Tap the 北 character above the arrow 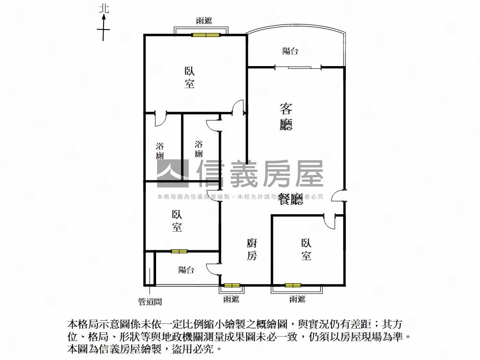pyautogui.click(x=104, y=8)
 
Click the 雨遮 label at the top pyautogui.click(x=204, y=21)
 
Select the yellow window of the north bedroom pyautogui.click(x=206, y=35)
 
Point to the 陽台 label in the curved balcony pyautogui.click(x=290, y=51)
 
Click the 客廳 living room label pyautogui.click(x=286, y=117)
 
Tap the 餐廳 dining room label pyautogui.click(x=291, y=199)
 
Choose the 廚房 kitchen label pyautogui.click(x=252, y=249)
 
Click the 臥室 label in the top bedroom pyautogui.click(x=190, y=78)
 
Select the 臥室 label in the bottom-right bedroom pyautogui.click(x=306, y=249)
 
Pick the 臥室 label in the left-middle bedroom pyautogui.click(x=177, y=221)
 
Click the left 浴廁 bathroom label pyautogui.click(x=160, y=151)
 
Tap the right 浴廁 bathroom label pyautogui.click(x=199, y=149)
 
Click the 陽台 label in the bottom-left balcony pyautogui.click(x=186, y=270)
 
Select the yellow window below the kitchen pyautogui.click(x=232, y=285)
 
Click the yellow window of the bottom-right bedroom pyautogui.click(x=293, y=285)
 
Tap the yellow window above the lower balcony pyautogui.click(x=179, y=251)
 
